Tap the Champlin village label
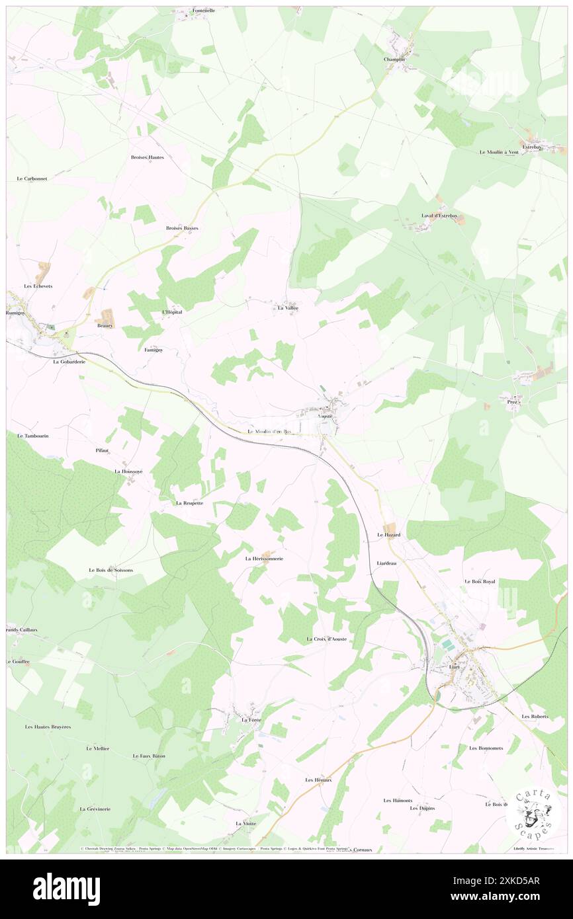coord(394,59)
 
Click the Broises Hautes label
coord(147,157)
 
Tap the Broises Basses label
coord(181,227)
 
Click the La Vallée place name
coord(288,308)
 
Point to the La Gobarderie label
coord(69,362)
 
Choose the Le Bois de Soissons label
coord(110,570)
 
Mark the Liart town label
coord(454,666)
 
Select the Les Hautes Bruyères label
coord(48,727)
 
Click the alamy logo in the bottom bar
coord(66,889)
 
